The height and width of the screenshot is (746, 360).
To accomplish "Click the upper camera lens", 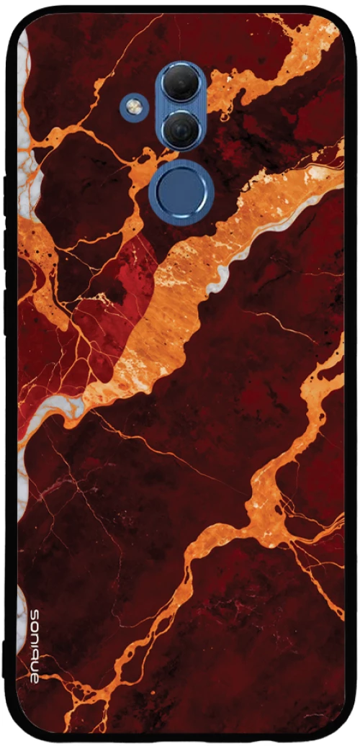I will coord(181,84).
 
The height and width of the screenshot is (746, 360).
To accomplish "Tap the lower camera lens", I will coord(181,130).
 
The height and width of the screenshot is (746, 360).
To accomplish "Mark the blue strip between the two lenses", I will coord(181,107).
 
